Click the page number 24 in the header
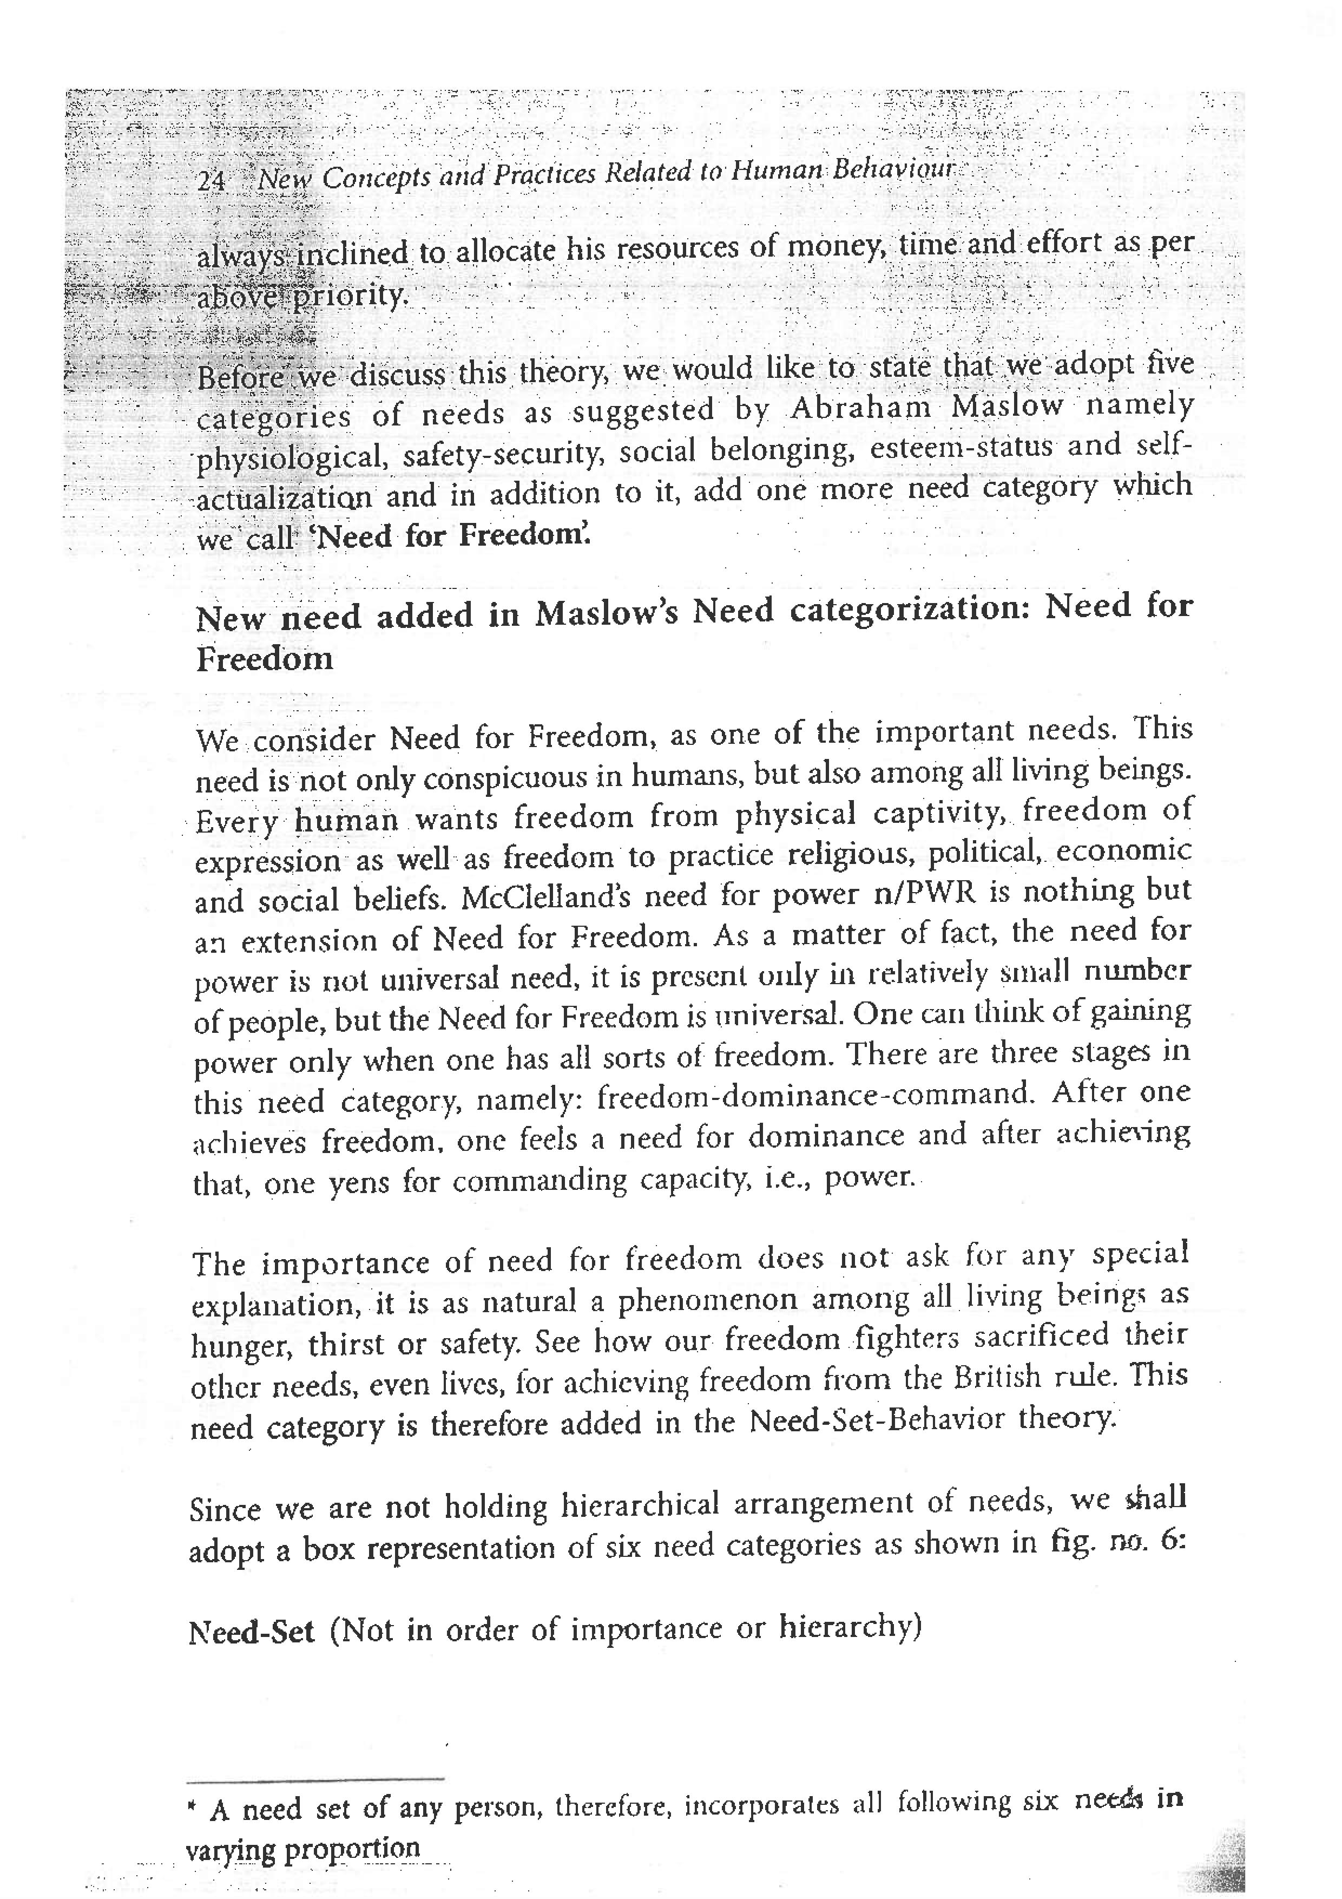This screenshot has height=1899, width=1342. tap(211, 180)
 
